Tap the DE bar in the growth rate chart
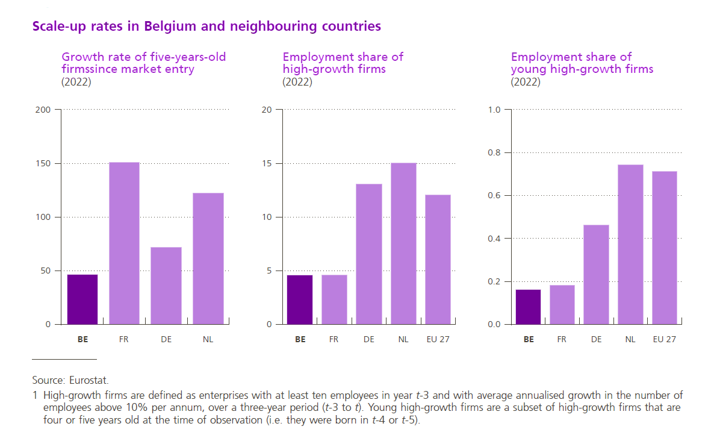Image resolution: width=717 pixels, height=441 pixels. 166,286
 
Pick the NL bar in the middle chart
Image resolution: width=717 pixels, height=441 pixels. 403,243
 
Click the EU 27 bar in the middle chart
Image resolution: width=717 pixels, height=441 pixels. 438,259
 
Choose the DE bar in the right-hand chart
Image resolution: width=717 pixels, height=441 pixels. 596,274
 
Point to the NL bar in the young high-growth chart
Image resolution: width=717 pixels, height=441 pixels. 630,244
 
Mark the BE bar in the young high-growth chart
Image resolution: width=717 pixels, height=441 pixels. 529,307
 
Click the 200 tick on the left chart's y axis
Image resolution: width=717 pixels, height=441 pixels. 43,110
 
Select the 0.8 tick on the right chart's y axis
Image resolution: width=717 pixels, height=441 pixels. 494,152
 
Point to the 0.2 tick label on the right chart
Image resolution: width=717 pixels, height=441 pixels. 494,281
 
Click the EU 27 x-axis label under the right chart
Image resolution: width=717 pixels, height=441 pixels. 665,339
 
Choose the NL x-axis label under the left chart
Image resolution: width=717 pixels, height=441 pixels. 208,339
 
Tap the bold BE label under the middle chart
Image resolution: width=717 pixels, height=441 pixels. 300,339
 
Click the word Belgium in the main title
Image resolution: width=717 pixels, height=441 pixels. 168,27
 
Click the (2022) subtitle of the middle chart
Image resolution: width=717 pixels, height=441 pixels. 297,83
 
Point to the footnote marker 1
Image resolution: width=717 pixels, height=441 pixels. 35,395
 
